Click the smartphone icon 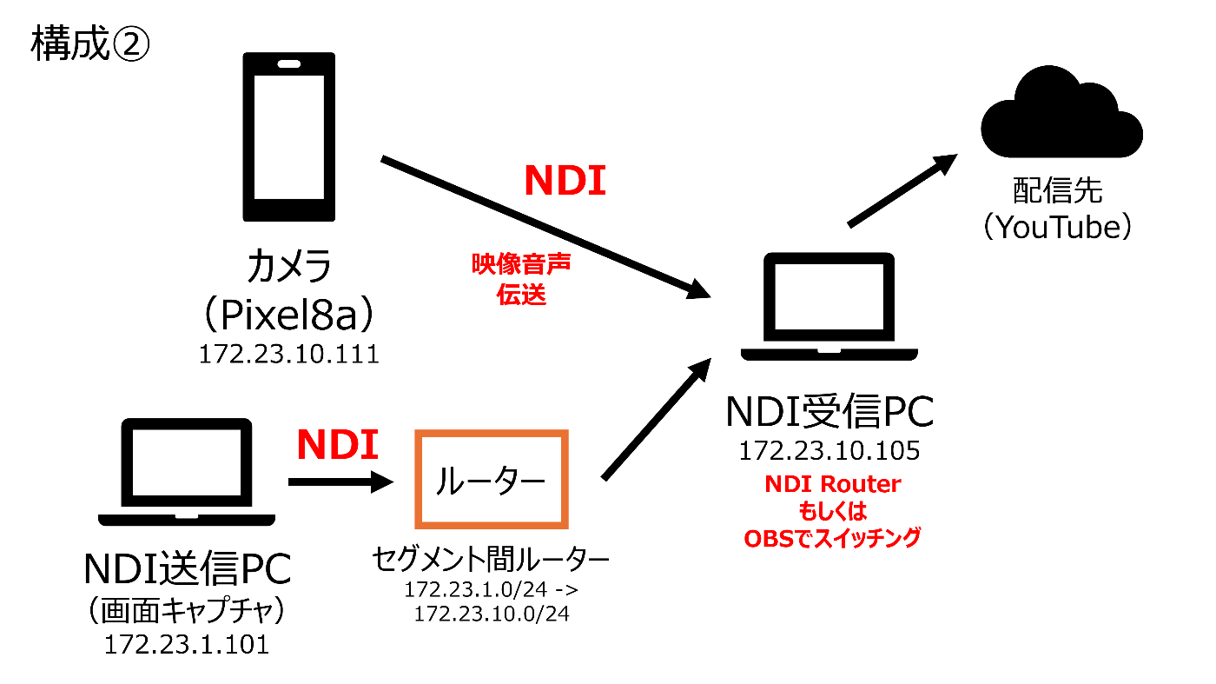(288, 136)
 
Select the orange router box (492, 479)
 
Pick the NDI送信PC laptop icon (186, 473)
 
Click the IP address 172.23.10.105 (829, 452)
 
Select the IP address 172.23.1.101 (186, 644)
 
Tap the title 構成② (91, 44)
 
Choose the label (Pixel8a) (288, 317)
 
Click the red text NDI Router (832, 484)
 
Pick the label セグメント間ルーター (492, 558)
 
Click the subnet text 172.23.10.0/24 (492, 614)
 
